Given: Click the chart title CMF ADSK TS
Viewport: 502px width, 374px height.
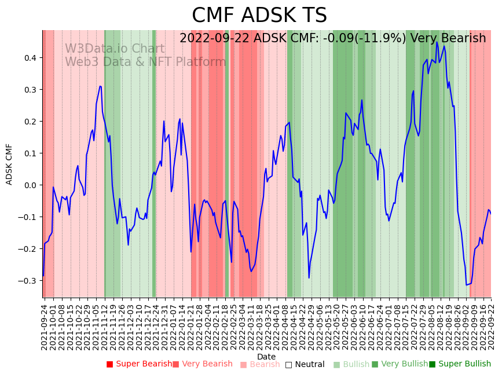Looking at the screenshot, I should [259, 16].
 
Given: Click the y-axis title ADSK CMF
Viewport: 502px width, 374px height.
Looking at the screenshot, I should [9, 164].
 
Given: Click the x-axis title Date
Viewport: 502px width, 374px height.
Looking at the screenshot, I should [266, 357].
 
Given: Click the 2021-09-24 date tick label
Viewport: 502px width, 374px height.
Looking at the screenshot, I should [45, 324].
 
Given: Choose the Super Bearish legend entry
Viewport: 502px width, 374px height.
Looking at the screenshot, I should [139, 364].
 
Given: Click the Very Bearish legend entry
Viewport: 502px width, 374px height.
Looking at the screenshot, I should [202, 364].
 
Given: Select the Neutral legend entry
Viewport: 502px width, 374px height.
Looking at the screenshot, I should [305, 364].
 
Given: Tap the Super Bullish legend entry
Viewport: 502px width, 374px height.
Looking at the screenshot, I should [460, 364].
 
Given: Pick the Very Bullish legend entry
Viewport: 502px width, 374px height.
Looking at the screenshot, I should [400, 364].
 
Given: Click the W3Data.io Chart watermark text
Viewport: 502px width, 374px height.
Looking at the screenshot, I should [115, 49].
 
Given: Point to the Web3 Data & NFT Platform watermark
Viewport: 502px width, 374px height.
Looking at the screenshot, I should [145, 62].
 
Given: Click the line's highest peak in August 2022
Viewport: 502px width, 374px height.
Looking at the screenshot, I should [437, 42].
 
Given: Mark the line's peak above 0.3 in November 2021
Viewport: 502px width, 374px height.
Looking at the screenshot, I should [100, 86].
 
